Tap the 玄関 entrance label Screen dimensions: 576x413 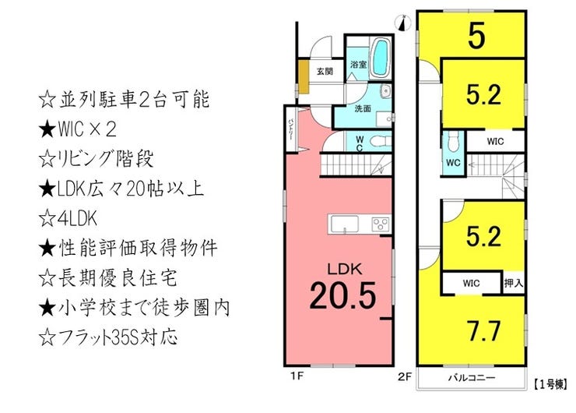325,71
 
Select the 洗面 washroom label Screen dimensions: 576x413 362,108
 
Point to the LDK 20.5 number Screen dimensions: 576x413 342,295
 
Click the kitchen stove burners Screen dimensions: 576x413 380,224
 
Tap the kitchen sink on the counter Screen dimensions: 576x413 345,224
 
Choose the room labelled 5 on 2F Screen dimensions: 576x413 476,37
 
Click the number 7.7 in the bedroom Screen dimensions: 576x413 483,331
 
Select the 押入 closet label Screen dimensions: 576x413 513,283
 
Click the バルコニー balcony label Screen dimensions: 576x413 472,378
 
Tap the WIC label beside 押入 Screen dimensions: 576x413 471,283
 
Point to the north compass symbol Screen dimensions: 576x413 403,23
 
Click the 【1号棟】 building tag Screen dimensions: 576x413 550,385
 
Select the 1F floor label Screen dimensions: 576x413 297,376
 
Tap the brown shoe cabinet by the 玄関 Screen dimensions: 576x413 303,77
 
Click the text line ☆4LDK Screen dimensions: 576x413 68,218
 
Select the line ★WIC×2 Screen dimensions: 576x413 78,129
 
